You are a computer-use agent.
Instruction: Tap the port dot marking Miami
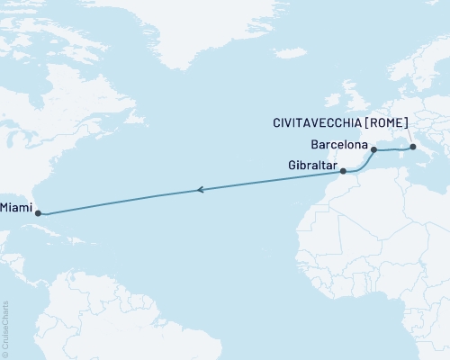click(37, 213)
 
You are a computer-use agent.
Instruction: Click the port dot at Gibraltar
click(343, 169)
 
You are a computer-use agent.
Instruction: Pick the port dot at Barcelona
click(373, 150)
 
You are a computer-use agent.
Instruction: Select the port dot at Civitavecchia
click(412, 147)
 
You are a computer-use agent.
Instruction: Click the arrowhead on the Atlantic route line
click(199, 190)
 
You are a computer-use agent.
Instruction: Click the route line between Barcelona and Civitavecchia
click(393, 150)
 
